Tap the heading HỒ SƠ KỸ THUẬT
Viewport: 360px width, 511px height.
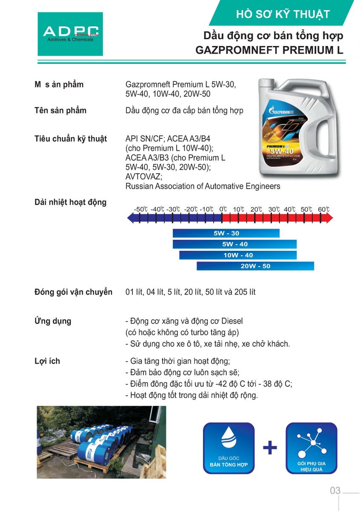pos(283,14)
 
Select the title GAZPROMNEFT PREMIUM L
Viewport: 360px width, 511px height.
pos(269,50)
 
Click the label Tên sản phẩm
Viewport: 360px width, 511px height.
pos(60,111)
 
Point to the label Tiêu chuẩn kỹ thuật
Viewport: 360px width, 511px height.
pos(71,139)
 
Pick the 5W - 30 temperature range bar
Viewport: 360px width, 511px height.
pos(226,233)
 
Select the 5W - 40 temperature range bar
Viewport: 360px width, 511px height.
pos(234,244)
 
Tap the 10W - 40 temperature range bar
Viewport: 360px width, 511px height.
pos(238,255)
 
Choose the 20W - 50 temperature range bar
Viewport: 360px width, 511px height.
pos(255,266)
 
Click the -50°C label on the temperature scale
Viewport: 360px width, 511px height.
pos(140,210)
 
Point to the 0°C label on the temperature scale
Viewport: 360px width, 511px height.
pos(223,210)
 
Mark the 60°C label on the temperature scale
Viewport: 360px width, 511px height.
pos(323,210)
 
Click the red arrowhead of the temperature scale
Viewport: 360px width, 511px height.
pos(329,218)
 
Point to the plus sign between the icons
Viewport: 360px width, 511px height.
pos(270,448)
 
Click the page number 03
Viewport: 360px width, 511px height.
pos(335,491)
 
